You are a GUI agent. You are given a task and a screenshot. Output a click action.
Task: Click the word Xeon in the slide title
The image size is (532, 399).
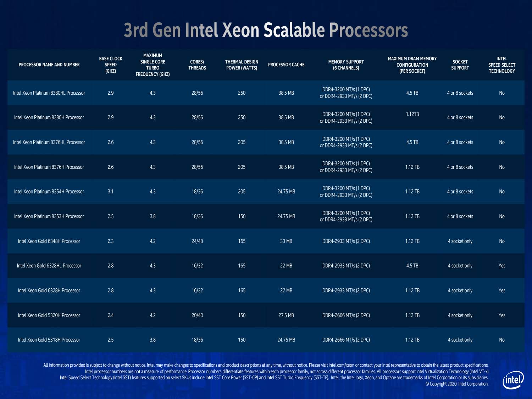click(241, 30)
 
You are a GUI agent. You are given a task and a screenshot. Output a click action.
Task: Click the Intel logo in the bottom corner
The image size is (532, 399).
click(513, 379)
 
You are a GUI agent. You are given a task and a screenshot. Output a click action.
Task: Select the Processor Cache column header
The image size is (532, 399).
click(286, 65)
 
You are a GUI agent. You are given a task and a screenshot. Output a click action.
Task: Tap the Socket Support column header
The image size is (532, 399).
click(460, 65)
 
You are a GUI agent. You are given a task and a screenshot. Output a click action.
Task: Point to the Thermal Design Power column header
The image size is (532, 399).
click(242, 65)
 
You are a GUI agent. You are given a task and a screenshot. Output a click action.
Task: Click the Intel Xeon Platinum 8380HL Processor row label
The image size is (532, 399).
click(49, 93)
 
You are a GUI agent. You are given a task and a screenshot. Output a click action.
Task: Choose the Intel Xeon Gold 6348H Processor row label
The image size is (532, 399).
click(49, 241)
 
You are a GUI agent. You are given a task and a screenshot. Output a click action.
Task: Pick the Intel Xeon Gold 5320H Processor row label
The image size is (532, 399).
click(49, 315)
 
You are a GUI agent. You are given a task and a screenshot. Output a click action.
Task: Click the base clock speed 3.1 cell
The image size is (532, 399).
click(111, 192)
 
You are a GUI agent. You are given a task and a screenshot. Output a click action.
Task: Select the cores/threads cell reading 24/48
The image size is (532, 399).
click(197, 241)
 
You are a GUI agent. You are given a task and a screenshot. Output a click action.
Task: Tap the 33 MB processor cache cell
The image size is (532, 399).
click(286, 241)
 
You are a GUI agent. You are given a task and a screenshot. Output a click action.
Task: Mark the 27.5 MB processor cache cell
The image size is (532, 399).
click(286, 315)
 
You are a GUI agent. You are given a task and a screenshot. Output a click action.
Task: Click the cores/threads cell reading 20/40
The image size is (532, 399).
click(197, 315)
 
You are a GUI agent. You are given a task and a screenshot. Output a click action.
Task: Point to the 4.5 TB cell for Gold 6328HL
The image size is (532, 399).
click(412, 266)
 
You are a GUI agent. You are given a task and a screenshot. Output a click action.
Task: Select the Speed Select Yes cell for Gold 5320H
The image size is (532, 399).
click(502, 315)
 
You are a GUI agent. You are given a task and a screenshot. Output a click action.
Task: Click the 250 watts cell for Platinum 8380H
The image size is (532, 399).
click(242, 117)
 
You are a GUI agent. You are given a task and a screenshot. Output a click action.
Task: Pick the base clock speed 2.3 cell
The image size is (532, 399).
click(111, 241)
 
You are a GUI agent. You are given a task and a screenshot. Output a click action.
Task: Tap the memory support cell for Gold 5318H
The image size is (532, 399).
click(346, 340)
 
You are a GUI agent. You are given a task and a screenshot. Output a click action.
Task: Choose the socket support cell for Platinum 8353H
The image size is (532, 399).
click(460, 216)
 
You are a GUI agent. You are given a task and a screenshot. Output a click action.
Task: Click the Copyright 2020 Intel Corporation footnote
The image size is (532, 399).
click(457, 384)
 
